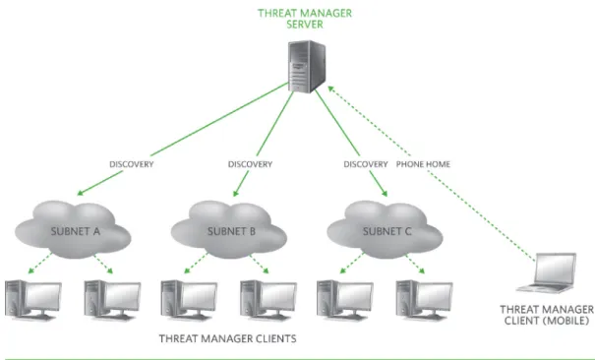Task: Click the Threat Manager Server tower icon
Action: pos(307,66)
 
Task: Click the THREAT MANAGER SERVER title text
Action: pos(305,19)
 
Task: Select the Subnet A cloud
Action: pos(73,229)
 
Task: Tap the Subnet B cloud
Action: pos(229,229)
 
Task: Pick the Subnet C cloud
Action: pos(385,229)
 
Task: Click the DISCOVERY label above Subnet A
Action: pos(132,164)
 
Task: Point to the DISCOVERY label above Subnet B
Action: pos(250,164)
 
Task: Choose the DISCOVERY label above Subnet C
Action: pos(366,164)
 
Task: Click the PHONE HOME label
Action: pos(423,164)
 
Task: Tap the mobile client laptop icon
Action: pos(547,272)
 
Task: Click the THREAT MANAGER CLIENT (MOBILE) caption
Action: pos(547,315)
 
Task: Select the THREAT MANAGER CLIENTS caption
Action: pos(228,338)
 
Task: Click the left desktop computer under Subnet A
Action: pos(33,300)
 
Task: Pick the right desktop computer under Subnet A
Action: pos(112,300)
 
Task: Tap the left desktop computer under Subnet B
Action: pos(189,300)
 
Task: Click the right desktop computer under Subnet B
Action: pos(268,300)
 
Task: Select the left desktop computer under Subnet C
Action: pos(345,300)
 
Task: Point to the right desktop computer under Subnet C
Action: pos(424,300)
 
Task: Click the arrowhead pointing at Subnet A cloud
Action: pos(81,193)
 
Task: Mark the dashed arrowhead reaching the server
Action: pos(330,90)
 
